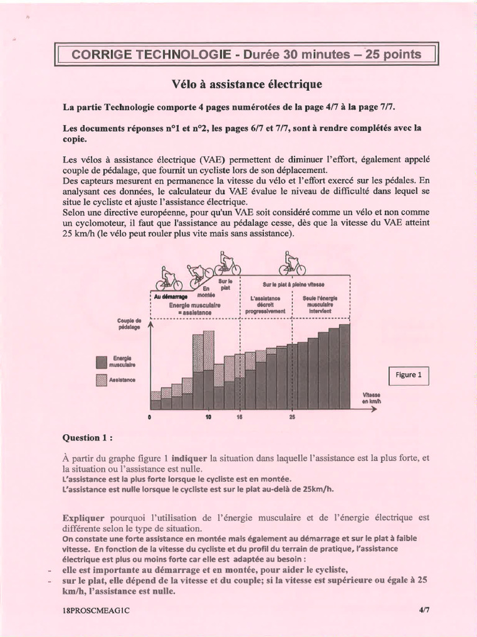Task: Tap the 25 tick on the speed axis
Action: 292,417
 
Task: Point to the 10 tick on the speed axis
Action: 207,417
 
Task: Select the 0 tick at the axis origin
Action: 150,417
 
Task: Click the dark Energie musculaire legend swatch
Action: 101,361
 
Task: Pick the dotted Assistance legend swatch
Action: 101,379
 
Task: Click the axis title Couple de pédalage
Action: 129,323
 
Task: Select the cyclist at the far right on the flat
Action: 292,264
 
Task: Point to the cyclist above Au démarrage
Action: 168,279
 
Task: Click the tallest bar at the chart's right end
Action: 344,366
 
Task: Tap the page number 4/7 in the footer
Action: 424,610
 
